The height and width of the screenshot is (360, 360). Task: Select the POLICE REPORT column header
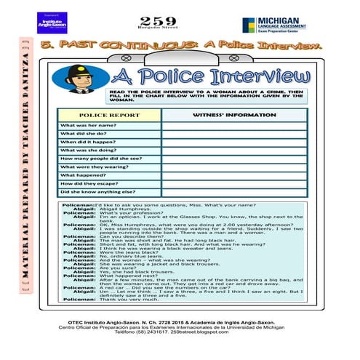coord(108,115)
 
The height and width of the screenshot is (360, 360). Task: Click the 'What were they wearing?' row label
coord(95,167)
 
